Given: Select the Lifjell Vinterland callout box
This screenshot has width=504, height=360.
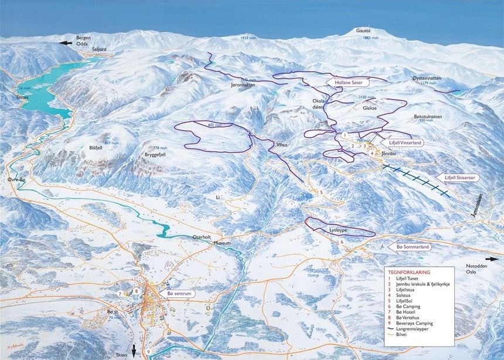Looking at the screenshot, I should coord(405,142).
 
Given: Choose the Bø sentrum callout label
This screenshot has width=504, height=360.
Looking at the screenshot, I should coord(179,293).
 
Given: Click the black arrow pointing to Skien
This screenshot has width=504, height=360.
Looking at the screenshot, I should coord(134,351).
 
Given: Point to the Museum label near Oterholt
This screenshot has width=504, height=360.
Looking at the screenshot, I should coord(222,243).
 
